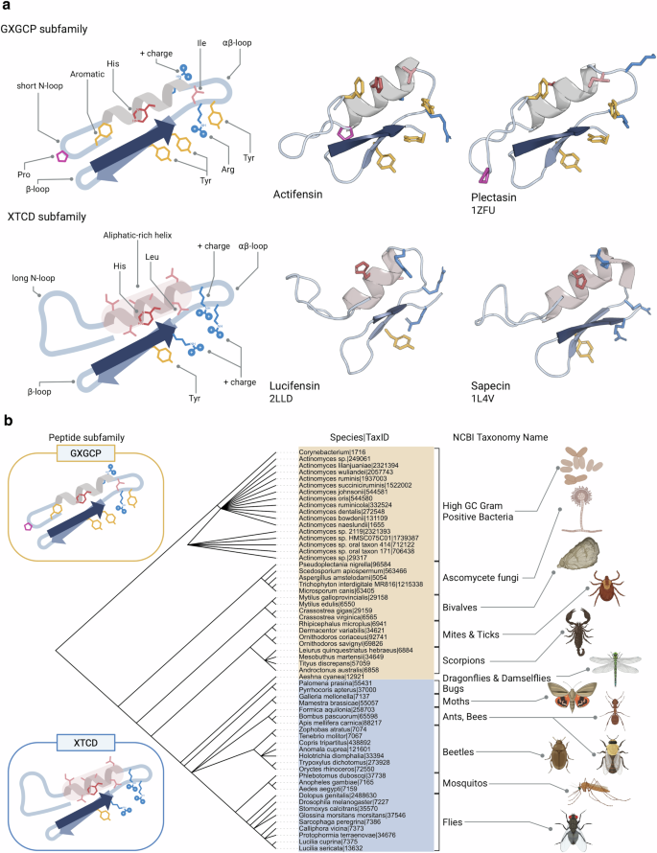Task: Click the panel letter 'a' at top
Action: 7,8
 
